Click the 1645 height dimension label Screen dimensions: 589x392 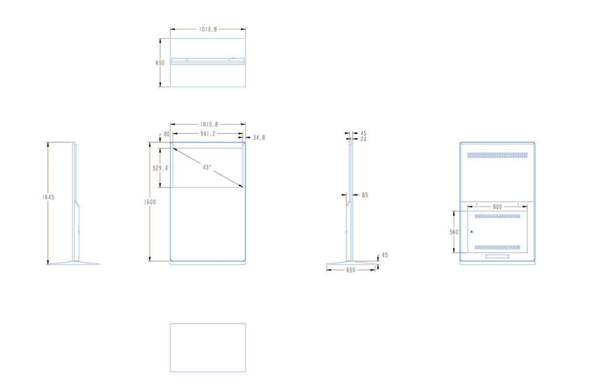48,197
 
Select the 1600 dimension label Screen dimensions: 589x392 150,202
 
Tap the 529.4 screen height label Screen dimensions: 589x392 160,168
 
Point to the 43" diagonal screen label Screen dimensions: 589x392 207,167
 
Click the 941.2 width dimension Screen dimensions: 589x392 208,134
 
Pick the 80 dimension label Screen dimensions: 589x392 167,134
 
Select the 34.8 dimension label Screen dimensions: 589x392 259,138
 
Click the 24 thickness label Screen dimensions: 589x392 363,139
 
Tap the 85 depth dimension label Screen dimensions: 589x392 365,195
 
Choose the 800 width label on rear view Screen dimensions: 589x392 498,207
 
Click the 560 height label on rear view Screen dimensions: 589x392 454,232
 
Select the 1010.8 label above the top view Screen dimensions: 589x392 208,29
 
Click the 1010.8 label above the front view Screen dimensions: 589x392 209,124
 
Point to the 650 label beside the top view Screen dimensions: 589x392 160,63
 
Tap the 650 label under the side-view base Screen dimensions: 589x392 351,270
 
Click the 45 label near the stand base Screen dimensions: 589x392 385,255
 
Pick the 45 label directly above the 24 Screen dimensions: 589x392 363,133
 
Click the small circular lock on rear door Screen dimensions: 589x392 472,232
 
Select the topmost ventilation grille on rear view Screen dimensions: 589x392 498,155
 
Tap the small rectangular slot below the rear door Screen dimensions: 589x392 497,256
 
